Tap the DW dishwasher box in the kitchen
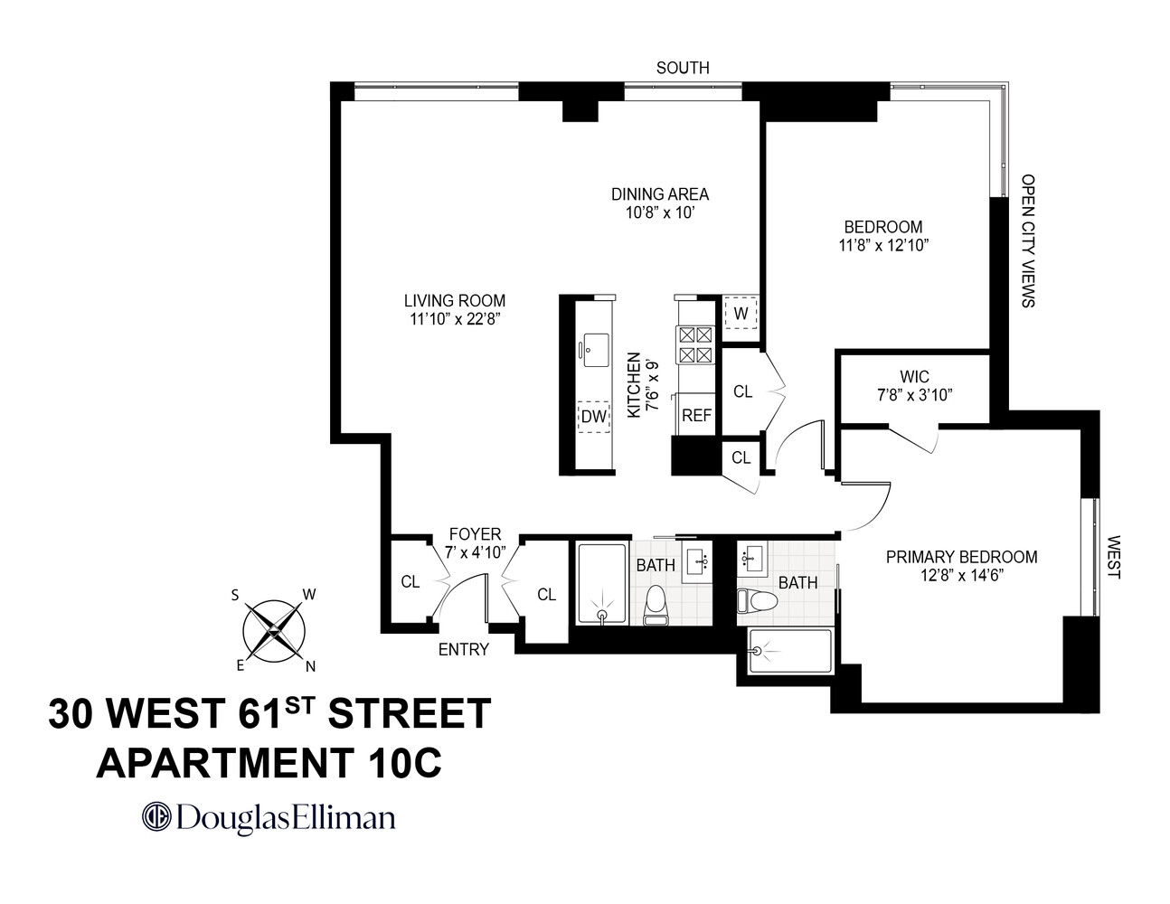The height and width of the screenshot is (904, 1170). coord(593,417)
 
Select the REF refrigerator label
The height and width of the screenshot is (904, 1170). coord(696,416)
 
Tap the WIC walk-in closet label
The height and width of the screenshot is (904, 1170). coord(914,376)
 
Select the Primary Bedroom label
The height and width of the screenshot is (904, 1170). coord(961,557)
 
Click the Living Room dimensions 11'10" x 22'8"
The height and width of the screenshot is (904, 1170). coord(455,318)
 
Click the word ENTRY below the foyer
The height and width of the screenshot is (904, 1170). coord(463,649)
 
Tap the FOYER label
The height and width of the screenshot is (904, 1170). coord(475,535)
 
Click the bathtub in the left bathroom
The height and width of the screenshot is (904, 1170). coord(601,583)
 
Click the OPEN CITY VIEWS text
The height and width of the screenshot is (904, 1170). coord(1027,240)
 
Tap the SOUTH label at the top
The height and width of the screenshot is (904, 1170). coord(683,68)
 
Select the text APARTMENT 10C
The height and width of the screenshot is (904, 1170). coord(269,763)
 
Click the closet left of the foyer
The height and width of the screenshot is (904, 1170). coord(410,581)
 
